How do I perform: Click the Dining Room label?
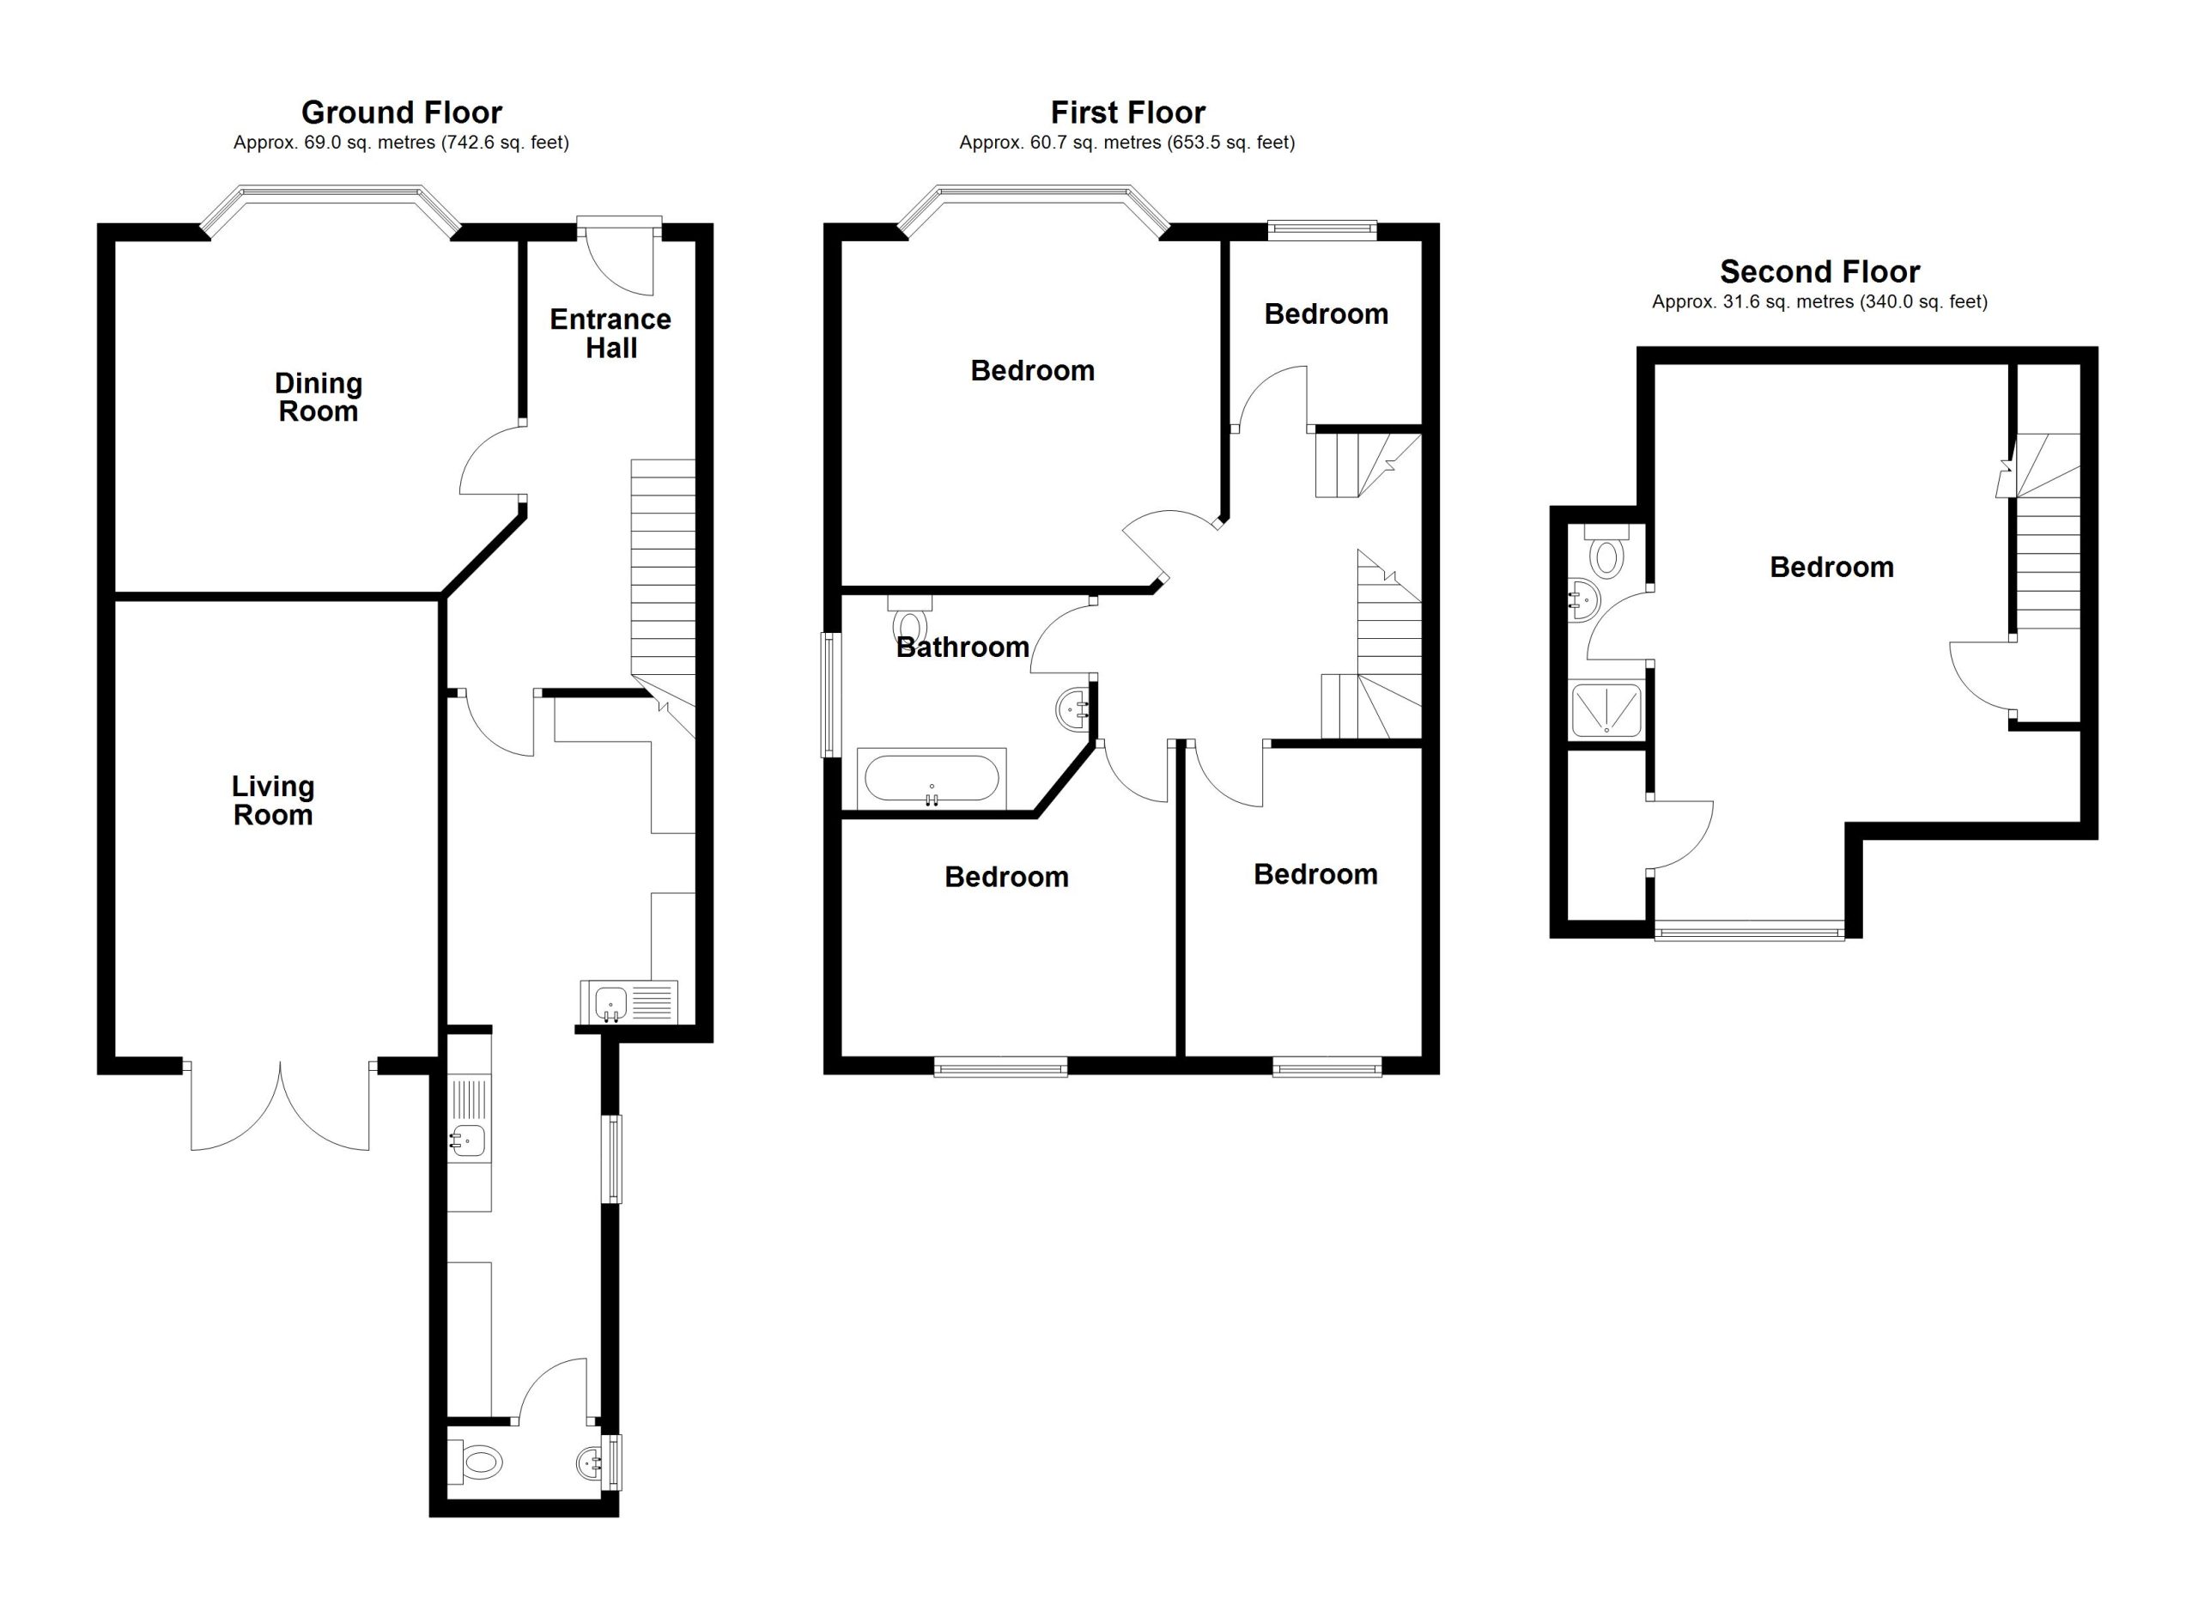click(x=318, y=398)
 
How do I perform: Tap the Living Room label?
click(x=272, y=800)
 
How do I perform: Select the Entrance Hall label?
click(x=610, y=333)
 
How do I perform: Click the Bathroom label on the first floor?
click(x=962, y=648)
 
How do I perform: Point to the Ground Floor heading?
click(x=401, y=112)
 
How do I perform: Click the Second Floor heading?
click(x=1819, y=271)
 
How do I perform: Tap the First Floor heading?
click(x=1128, y=112)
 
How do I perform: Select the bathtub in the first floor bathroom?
click(x=932, y=778)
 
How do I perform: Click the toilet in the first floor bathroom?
click(x=909, y=618)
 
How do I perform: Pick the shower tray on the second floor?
click(x=1606, y=710)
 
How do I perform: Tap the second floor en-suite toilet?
click(x=1606, y=551)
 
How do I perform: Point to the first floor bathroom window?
click(x=830, y=694)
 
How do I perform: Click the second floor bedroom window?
click(x=1749, y=933)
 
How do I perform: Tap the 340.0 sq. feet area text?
click(x=1922, y=302)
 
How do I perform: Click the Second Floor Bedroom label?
click(x=1831, y=567)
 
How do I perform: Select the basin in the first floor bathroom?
click(x=1075, y=708)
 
